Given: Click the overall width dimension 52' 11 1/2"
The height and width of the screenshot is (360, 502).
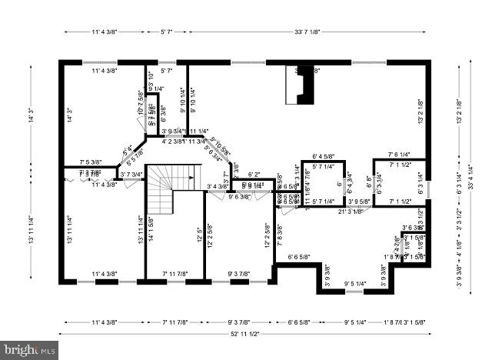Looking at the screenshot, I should (244, 333).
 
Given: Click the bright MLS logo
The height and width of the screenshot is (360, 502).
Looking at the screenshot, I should (29, 350).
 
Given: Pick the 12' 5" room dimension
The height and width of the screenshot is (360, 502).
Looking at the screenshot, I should (199, 231).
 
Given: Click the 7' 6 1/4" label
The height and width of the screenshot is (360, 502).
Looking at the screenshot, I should (404, 154).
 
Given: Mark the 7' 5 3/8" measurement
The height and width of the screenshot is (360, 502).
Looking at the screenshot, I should (91, 162).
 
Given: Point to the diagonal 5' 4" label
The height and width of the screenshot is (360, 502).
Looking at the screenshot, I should (127, 149).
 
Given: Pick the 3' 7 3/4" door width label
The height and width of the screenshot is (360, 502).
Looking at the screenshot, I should (131, 175).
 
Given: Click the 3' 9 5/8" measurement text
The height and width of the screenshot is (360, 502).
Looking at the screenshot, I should (359, 202).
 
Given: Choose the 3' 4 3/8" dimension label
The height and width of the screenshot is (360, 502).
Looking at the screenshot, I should (218, 186).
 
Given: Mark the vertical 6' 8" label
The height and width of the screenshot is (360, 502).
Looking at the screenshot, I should (370, 182).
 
